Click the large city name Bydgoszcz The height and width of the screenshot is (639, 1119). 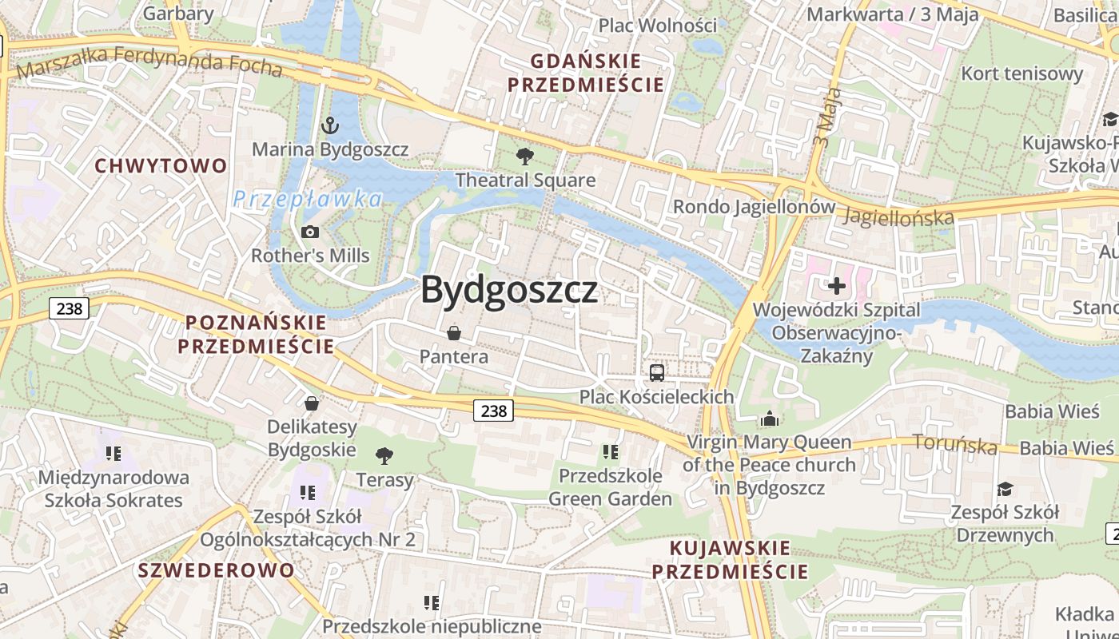coord(509,289)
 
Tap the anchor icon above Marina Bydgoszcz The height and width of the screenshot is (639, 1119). coord(329,125)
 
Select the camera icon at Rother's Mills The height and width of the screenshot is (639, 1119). coord(310,232)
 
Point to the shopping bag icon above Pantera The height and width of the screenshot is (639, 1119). coord(454,332)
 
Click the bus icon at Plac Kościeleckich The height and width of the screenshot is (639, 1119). coord(656,372)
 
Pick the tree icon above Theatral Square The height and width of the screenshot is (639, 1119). coord(525,156)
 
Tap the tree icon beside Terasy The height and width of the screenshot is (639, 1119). coord(384,456)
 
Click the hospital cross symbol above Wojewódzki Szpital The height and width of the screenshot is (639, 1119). coord(836,285)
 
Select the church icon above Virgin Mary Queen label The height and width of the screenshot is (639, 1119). coord(770,418)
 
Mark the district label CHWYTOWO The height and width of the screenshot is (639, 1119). coord(161,165)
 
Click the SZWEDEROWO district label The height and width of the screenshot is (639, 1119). coord(216,570)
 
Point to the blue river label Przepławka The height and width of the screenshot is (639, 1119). coord(307,199)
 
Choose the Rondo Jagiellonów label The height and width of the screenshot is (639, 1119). coord(753,207)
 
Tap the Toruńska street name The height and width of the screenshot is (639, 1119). coord(955,444)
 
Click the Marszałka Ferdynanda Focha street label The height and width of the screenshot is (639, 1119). coord(149,62)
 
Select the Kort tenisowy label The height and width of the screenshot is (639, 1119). coord(1021,73)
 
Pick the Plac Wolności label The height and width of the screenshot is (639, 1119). coord(658,25)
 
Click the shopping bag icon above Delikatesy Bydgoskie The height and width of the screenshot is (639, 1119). coord(312,403)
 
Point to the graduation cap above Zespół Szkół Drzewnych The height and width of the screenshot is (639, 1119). coord(1005,488)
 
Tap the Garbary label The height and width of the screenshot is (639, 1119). coord(177,13)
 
